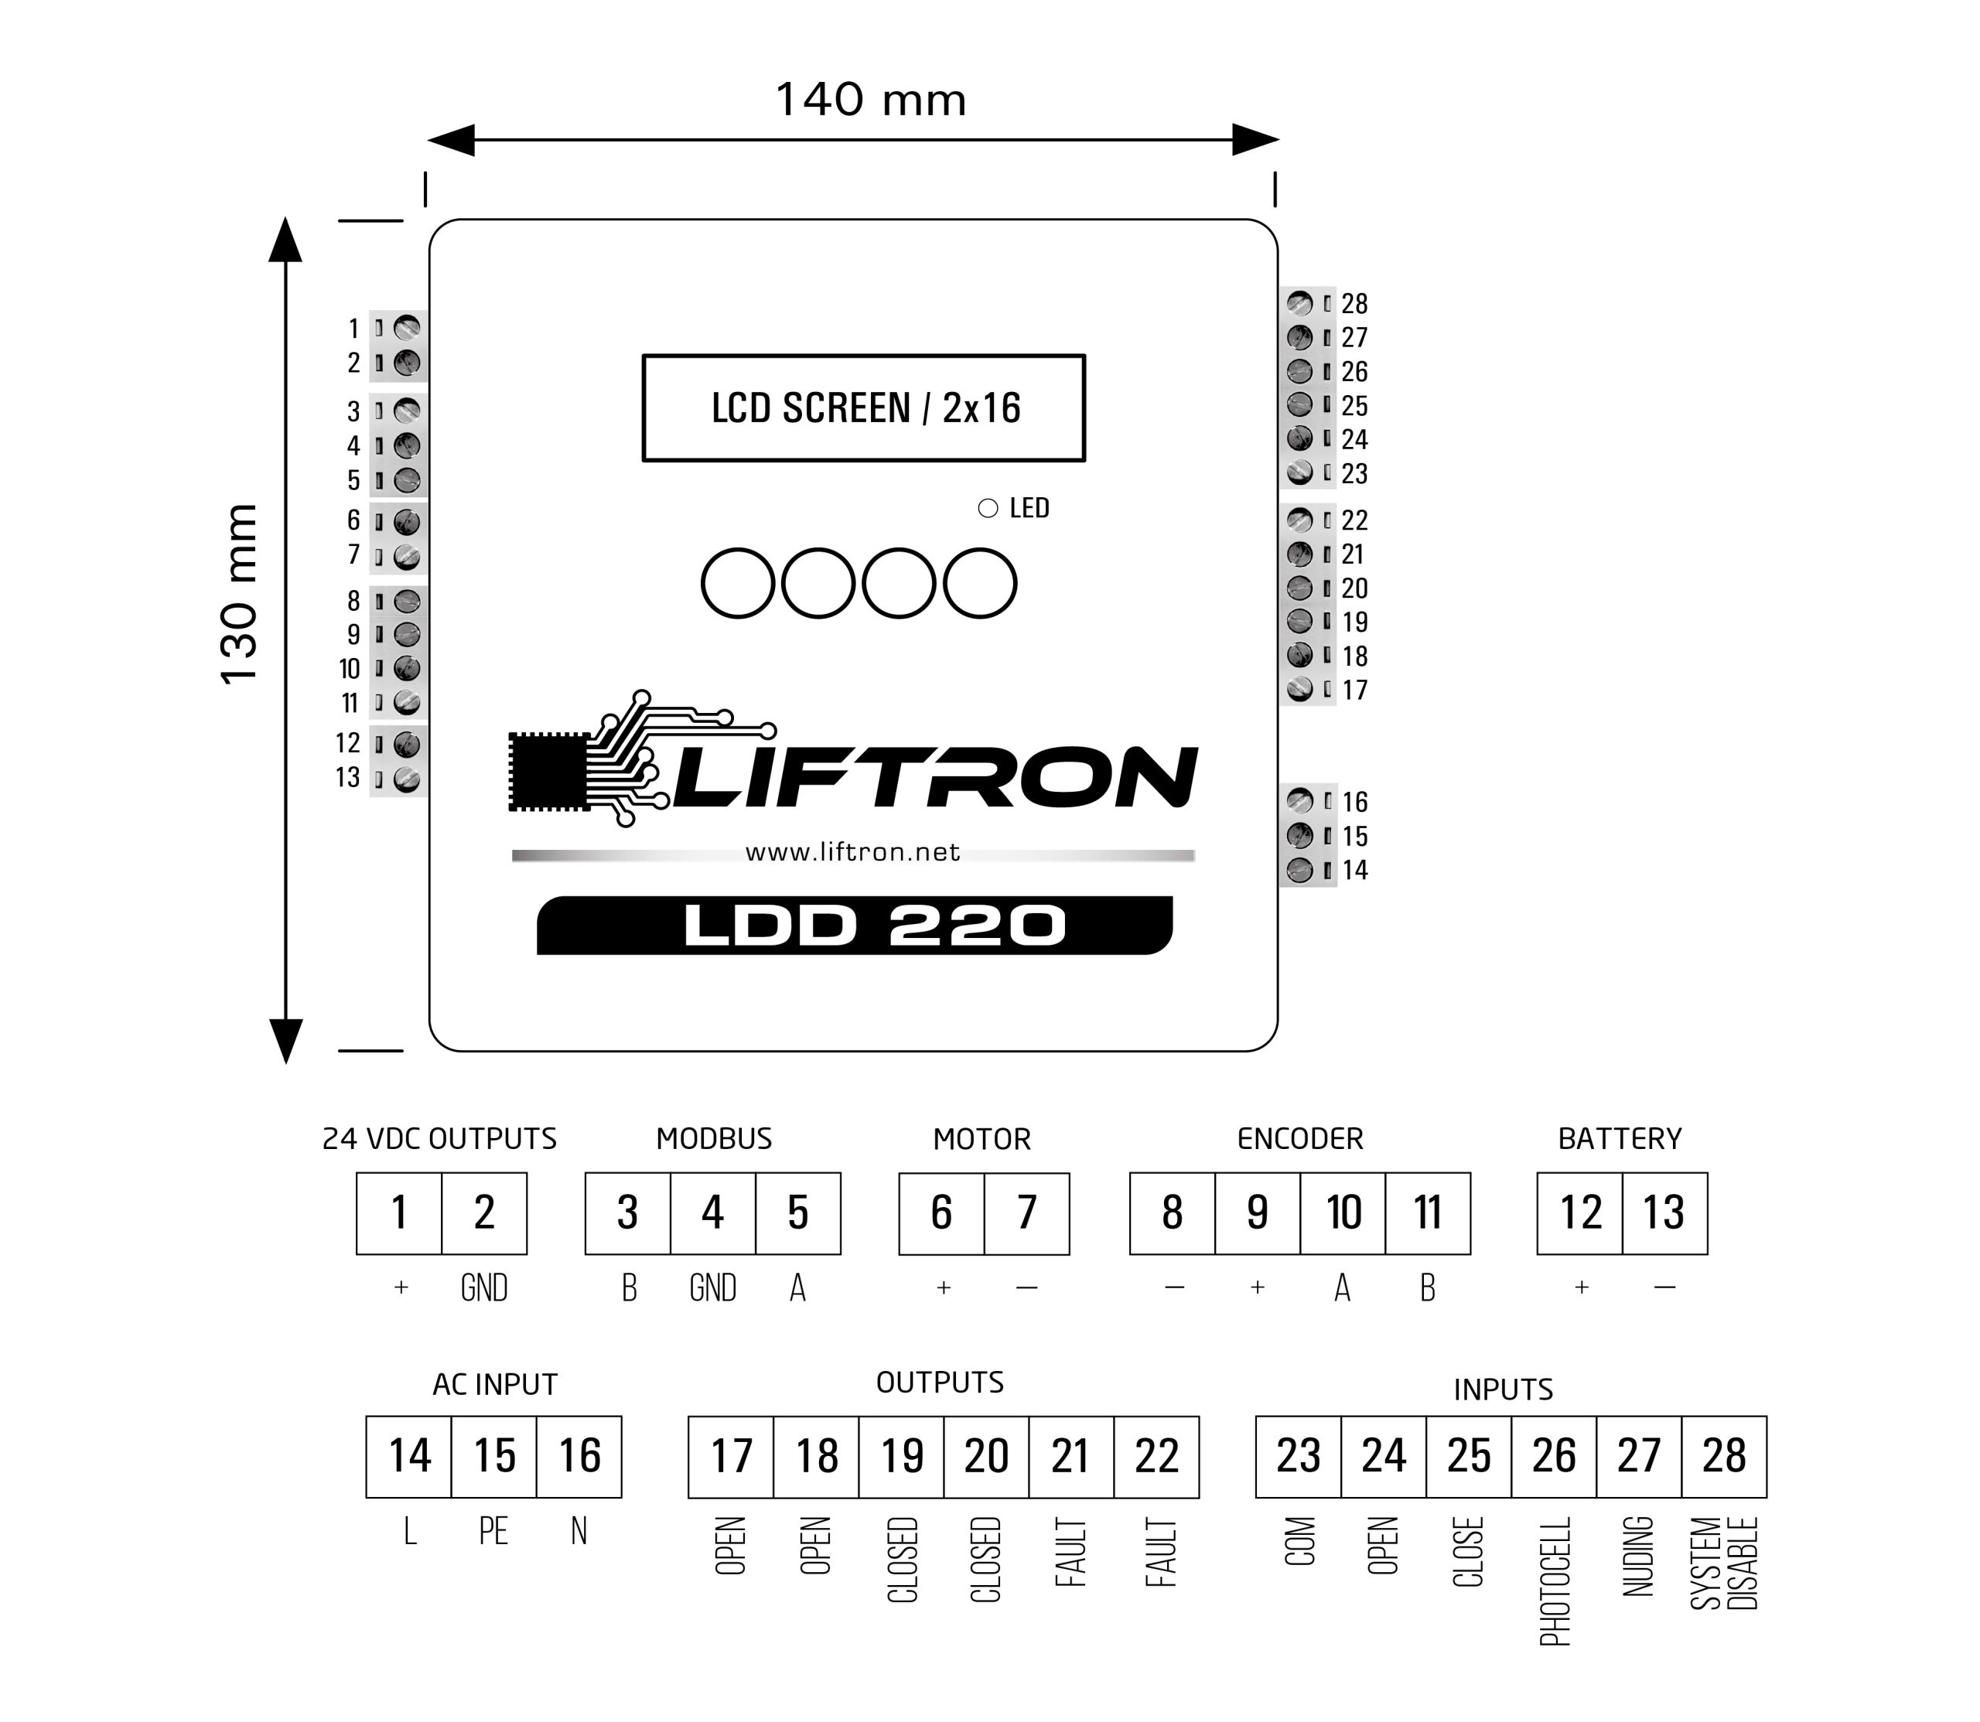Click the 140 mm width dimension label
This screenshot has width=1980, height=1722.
click(x=871, y=100)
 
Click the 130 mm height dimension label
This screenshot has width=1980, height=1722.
click(x=239, y=593)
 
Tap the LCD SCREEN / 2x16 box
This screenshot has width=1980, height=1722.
click(x=864, y=408)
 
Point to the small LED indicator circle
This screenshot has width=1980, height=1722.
click(x=987, y=508)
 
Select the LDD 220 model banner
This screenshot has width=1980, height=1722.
click(x=855, y=926)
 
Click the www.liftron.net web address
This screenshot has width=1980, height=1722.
click(x=852, y=852)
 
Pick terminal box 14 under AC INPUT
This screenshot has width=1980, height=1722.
click(x=408, y=1456)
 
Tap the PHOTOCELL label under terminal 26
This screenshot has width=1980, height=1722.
click(x=1554, y=1580)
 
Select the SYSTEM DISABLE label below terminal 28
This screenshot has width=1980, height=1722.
click(x=1724, y=1563)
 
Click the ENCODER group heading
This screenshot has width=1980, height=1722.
click(x=1299, y=1139)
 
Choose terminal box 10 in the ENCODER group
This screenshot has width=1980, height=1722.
click(x=1343, y=1212)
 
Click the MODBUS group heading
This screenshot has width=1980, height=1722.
click(x=713, y=1139)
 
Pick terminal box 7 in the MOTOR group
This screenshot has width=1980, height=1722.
click(x=1026, y=1212)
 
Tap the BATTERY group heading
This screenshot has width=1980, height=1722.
click(x=1620, y=1139)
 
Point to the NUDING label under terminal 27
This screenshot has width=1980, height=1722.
click(x=1639, y=1557)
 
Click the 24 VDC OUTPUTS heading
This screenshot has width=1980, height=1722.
click(x=439, y=1139)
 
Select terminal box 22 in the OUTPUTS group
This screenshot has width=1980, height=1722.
click(x=1156, y=1456)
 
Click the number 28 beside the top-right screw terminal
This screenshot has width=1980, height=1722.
click(x=1354, y=304)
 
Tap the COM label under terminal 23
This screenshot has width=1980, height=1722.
click(x=1299, y=1541)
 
